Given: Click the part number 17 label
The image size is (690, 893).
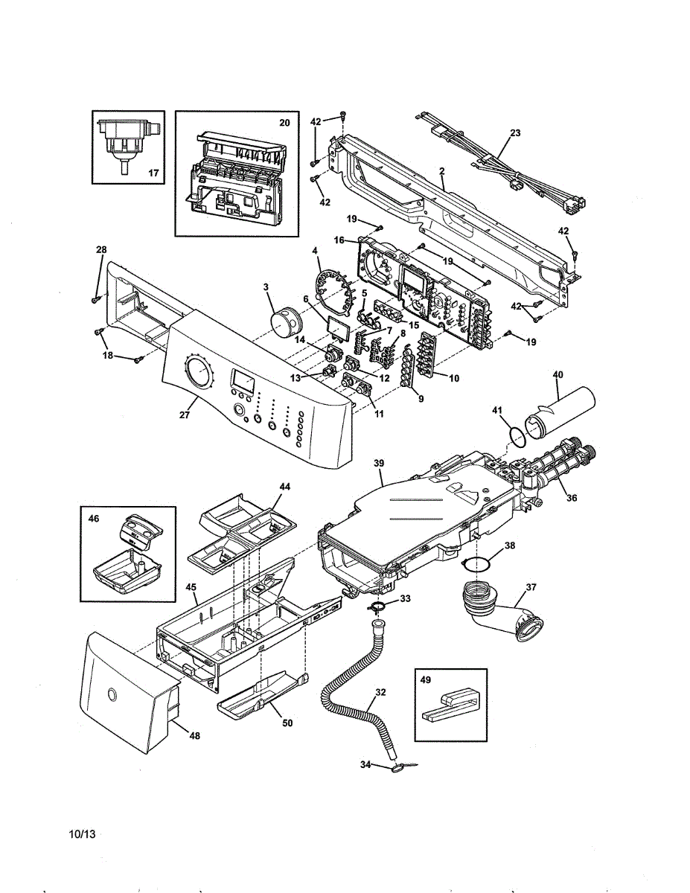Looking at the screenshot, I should coord(153,173).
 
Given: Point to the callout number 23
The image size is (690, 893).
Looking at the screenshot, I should coord(515,133).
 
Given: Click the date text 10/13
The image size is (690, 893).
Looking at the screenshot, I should coord(82,834).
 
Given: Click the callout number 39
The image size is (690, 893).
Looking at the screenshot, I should coord(379,463).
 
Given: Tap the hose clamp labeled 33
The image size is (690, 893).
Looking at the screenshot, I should coord(378,609).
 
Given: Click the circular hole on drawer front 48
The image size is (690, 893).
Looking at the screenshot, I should coord(112,694).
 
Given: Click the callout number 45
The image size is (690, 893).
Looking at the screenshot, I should coord(191,587).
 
